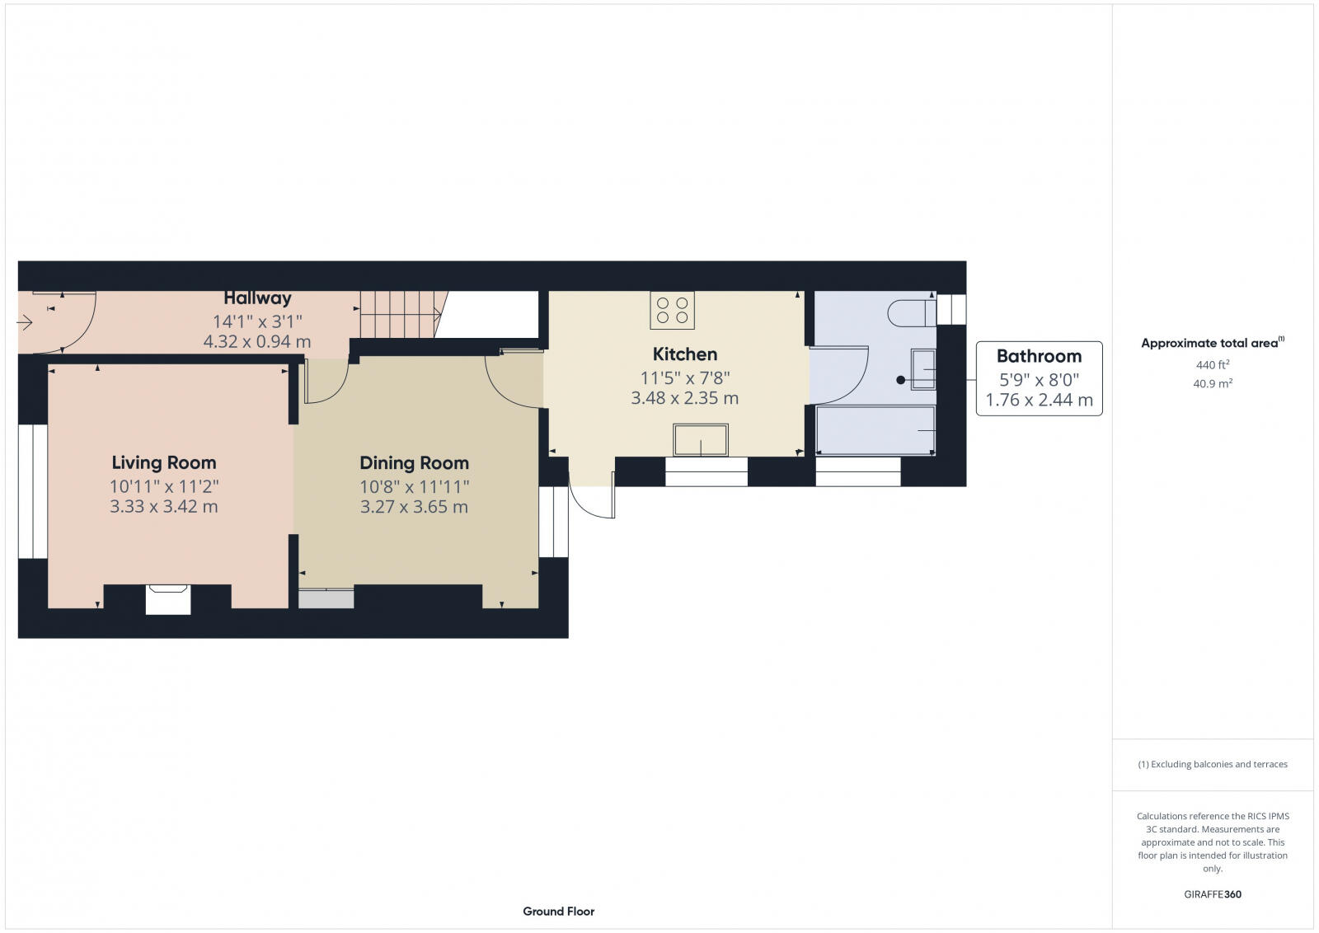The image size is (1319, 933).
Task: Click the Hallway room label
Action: (x=257, y=298)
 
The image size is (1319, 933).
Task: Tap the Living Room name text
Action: (x=164, y=462)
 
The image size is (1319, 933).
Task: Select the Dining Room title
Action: (x=414, y=463)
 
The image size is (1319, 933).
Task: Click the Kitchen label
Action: (x=684, y=354)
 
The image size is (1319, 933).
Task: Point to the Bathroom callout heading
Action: (x=1039, y=356)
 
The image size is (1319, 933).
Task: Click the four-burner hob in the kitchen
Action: (x=672, y=310)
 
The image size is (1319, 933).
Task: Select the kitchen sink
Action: (x=701, y=440)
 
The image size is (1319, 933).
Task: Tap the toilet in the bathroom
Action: (x=911, y=312)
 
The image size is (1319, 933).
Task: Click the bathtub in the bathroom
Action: (x=875, y=430)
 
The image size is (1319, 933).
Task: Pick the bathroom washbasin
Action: (x=923, y=368)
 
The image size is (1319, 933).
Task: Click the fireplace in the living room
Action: (x=168, y=598)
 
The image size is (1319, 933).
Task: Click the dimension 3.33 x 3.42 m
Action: (x=164, y=506)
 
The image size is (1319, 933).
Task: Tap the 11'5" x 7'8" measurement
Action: (x=685, y=378)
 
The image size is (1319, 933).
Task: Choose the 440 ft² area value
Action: (x=1212, y=364)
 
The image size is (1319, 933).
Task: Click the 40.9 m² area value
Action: (x=1212, y=383)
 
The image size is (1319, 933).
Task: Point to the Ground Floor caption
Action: (x=558, y=912)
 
